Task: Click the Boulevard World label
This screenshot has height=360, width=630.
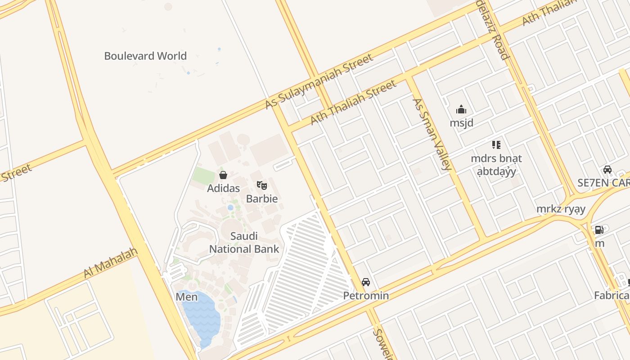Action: [145, 56]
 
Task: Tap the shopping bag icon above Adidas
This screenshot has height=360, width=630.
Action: [223, 175]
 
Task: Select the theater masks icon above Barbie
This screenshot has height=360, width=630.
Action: [262, 185]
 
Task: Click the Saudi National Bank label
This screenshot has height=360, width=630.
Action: [244, 243]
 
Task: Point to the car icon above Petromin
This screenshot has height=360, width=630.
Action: [366, 282]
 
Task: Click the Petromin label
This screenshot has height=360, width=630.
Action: [366, 296]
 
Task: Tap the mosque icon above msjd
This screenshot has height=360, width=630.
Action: [461, 109]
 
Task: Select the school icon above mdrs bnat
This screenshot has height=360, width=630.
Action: [496, 145]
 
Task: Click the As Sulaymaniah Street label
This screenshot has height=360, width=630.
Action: [319, 81]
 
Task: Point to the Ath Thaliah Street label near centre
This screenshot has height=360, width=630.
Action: [353, 103]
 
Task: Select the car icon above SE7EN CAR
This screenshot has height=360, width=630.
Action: [607, 170]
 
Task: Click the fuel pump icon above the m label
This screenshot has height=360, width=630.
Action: [599, 230]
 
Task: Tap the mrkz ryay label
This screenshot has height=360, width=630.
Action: [561, 209]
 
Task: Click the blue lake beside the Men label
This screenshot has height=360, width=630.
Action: [202, 315]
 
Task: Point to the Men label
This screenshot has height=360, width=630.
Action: [186, 297]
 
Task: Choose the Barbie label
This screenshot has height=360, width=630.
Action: [262, 199]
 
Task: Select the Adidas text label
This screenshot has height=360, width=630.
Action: [223, 188]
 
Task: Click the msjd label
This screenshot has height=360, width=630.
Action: [461, 123]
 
